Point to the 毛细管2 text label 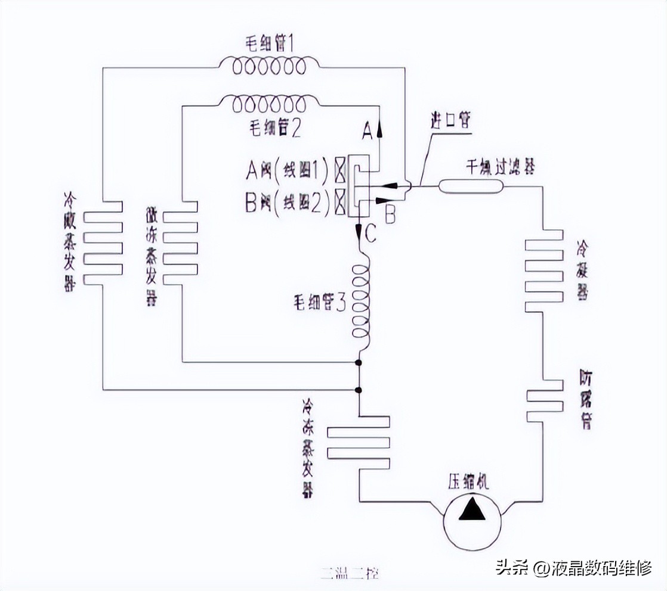tap(272, 128)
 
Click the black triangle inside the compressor tap(475, 511)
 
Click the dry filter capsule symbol tap(471, 186)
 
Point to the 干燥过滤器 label tap(500, 167)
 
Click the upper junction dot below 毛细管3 tap(359, 363)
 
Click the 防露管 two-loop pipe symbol tap(544, 402)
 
